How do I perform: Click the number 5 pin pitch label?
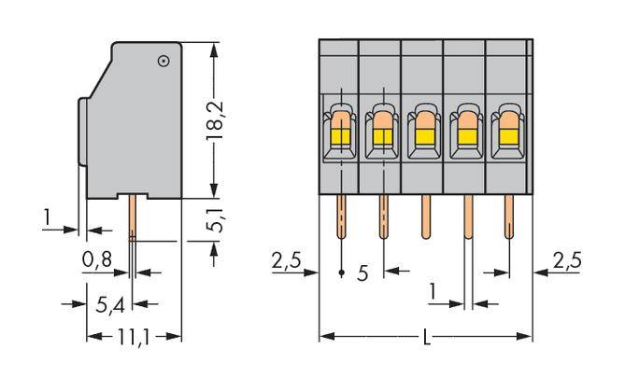[362, 273]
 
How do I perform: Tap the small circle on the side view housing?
[163, 62]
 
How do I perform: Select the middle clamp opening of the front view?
[424, 132]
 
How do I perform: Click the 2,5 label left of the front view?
[285, 261]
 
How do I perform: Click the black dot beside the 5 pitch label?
[341, 273]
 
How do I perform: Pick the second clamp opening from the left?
[382, 132]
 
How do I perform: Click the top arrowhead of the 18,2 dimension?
[217, 47]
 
